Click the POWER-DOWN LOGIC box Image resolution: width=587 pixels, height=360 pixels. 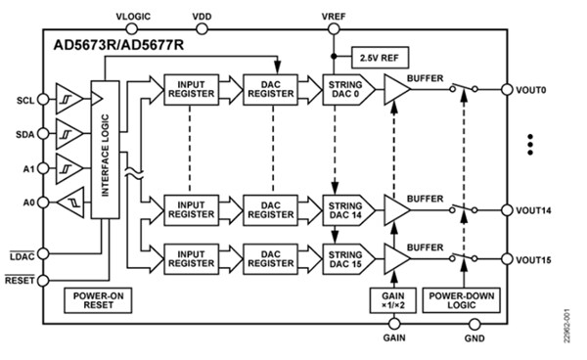point(457,299)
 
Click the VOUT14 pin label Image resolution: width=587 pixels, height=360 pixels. point(536,209)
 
